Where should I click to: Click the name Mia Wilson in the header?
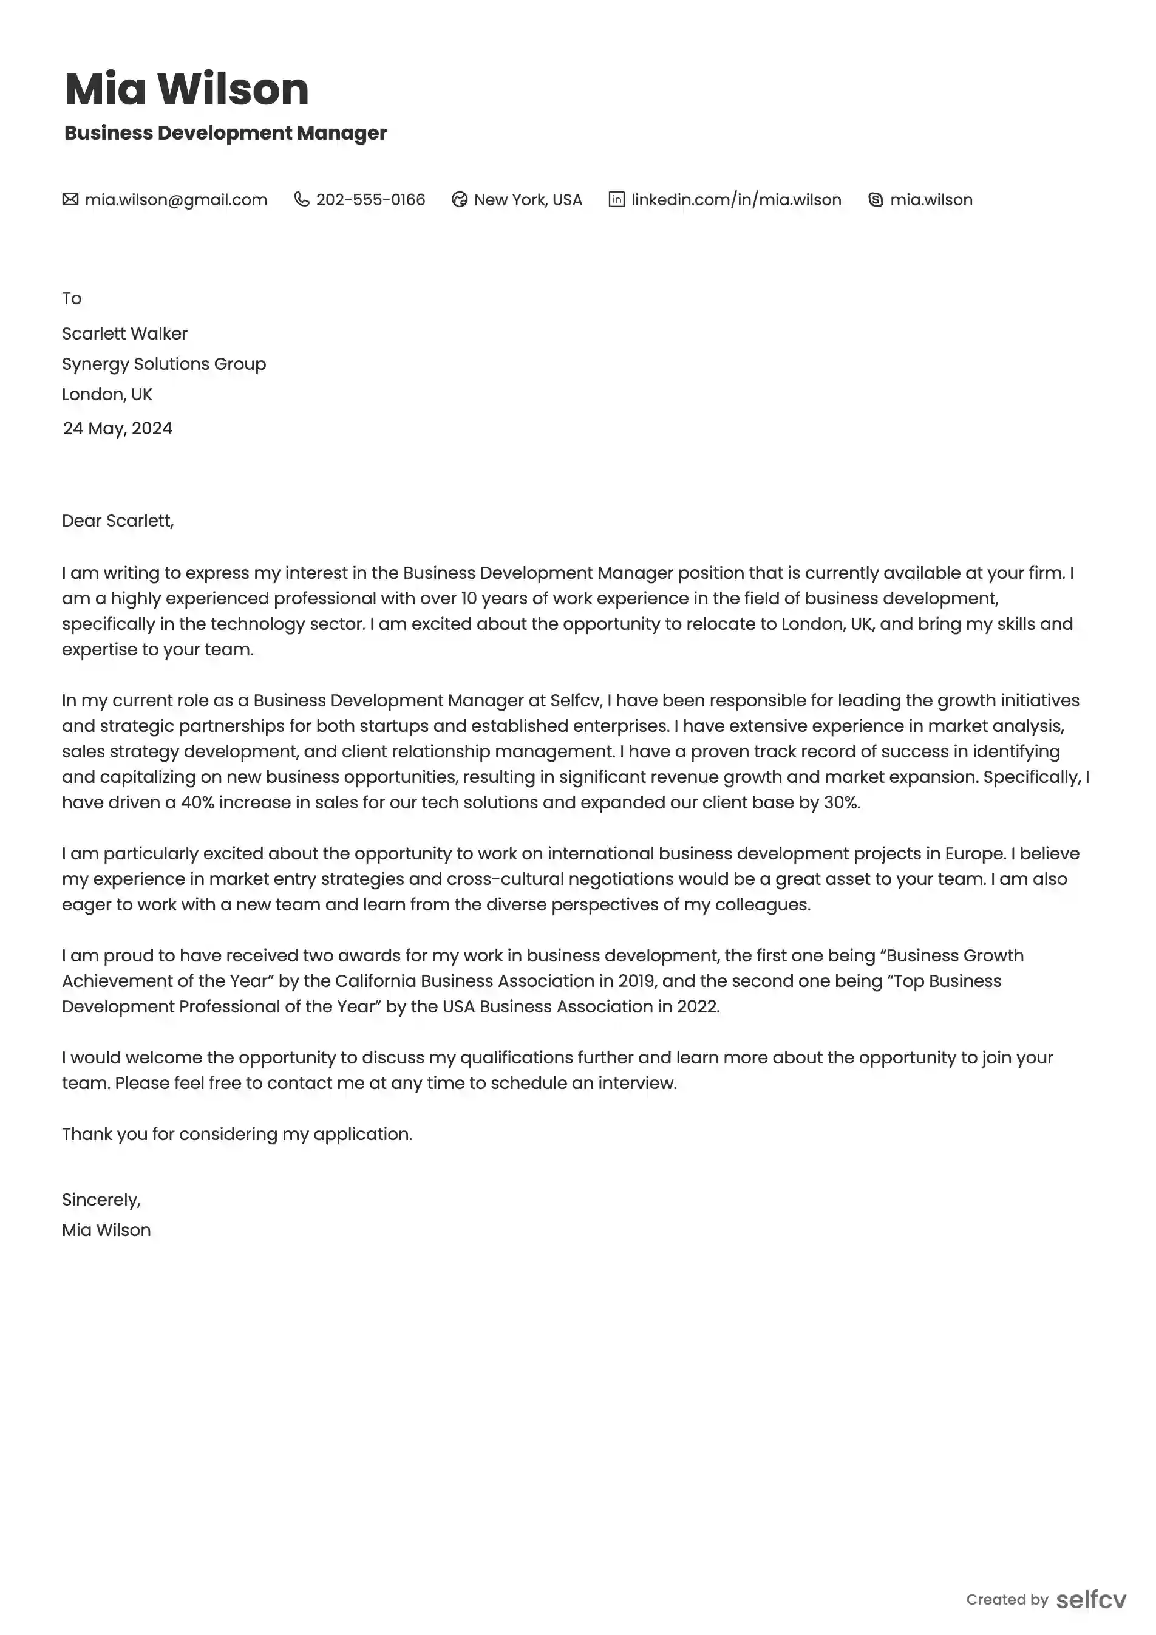[x=186, y=90]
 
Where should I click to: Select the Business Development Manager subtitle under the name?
[x=226, y=133]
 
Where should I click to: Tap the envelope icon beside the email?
[x=70, y=199]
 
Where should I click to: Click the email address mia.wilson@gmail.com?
[x=176, y=200]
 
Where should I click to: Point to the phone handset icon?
[x=302, y=199]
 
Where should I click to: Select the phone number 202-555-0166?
[x=370, y=200]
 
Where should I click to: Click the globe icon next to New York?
[x=460, y=200]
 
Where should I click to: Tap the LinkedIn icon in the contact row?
[x=616, y=199]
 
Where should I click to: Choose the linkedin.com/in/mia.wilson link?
[x=736, y=200]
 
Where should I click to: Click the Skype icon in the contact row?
[x=875, y=200]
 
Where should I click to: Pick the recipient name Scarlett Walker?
[x=124, y=334]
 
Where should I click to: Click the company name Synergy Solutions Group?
[x=164, y=364]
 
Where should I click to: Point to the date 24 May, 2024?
[x=117, y=429]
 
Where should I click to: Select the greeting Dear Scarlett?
[x=117, y=521]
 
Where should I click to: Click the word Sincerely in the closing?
[x=100, y=1200]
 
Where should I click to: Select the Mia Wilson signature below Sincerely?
[x=106, y=1231]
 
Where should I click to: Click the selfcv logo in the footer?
[x=1090, y=1600]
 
